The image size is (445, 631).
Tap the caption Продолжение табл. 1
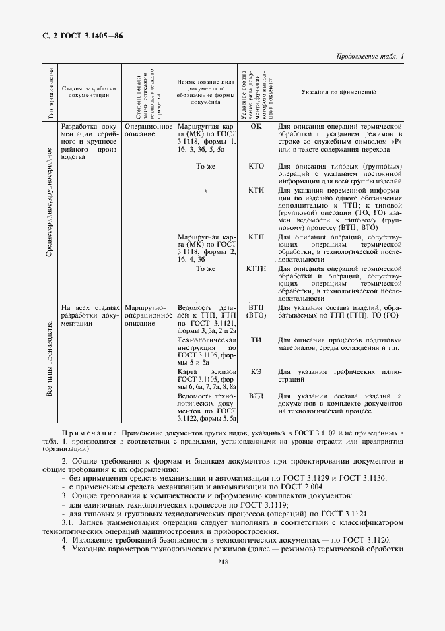(368, 56)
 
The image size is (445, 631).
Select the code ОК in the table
(256, 126)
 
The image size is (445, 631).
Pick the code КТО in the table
(256, 166)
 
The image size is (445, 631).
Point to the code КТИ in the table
(256, 190)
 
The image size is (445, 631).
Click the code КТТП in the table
(256, 268)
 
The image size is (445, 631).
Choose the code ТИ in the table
(256, 340)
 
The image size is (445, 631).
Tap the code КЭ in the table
(256, 371)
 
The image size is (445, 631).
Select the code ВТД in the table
(256, 396)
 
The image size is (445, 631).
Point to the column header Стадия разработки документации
(89, 92)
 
